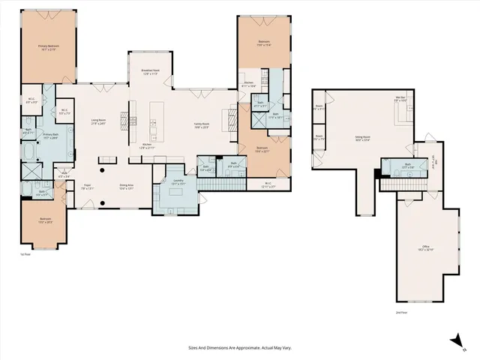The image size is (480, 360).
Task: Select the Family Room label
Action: pyautogui.click(x=202, y=125)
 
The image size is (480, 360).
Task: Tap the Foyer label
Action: pyautogui.click(x=87, y=187)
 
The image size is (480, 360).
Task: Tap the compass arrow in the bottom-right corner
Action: pyautogui.click(x=454, y=341)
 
